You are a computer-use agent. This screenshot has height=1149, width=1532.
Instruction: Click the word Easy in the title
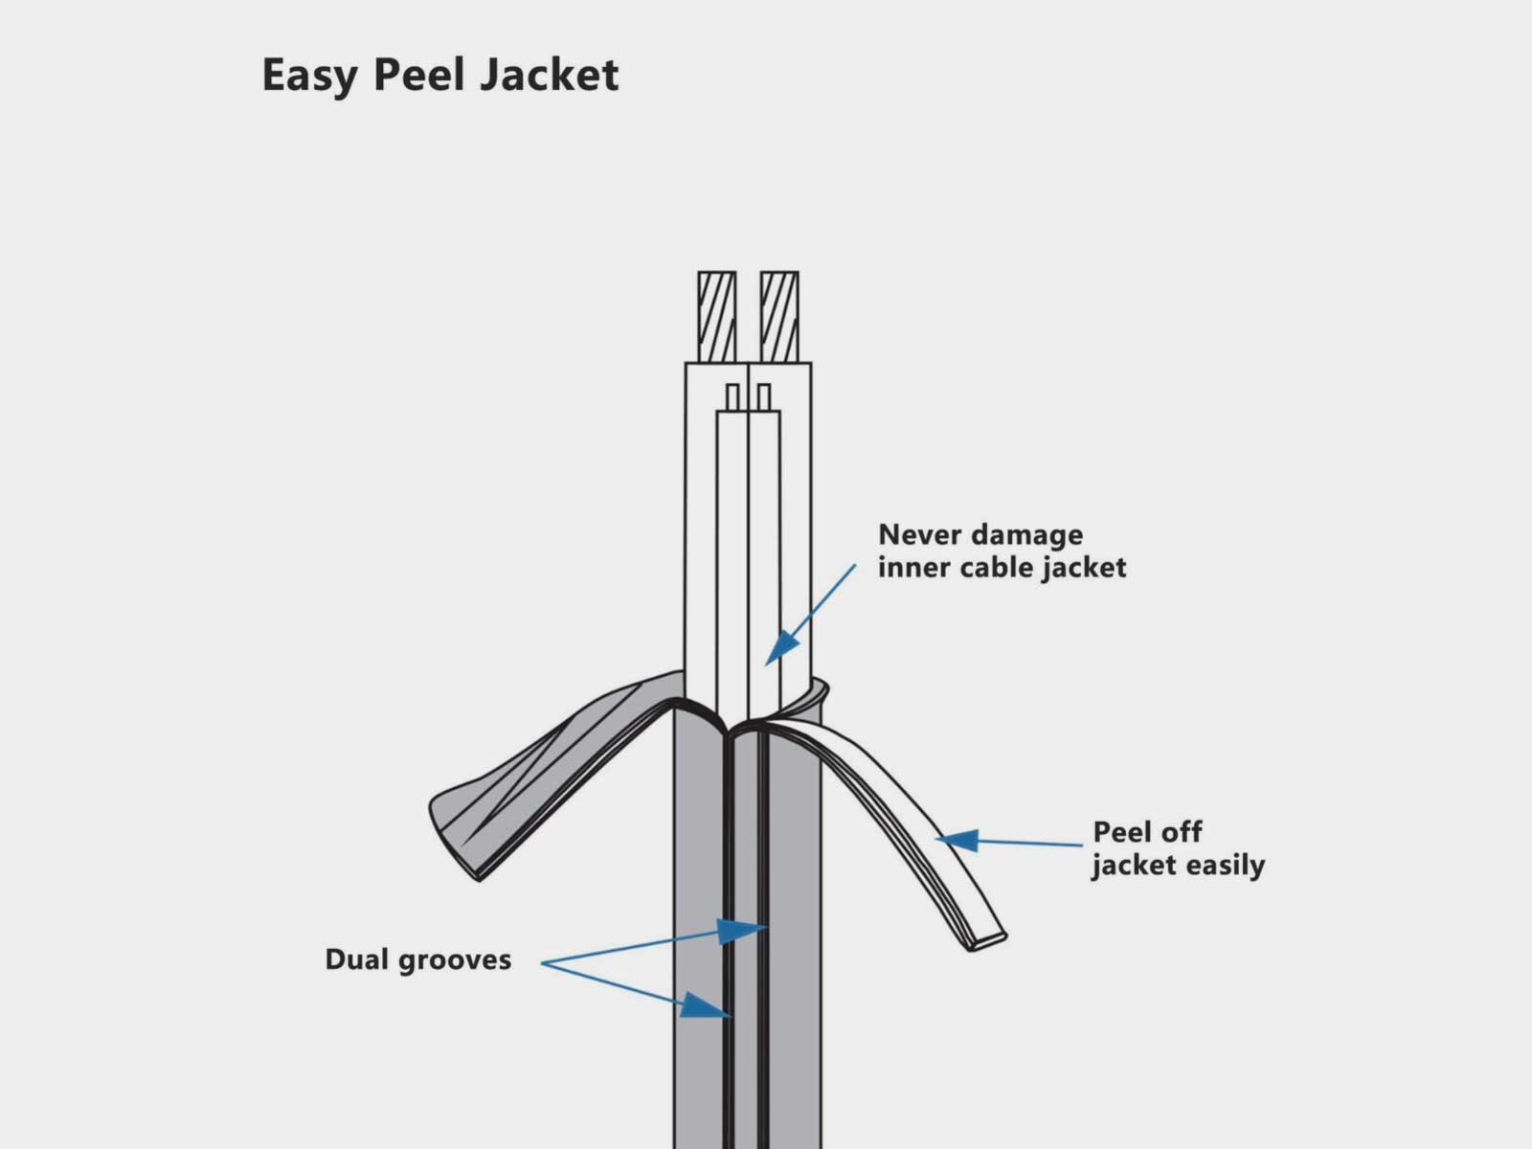click(309, 76)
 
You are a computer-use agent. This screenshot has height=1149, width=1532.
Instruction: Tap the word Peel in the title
click(418, 75)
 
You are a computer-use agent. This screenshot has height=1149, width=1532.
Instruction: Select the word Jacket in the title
click(550, 76)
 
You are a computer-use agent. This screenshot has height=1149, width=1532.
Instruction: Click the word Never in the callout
click(918, 534)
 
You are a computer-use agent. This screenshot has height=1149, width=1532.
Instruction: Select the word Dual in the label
click(357, 958)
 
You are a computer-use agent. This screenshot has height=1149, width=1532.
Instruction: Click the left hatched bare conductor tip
click(716, 316)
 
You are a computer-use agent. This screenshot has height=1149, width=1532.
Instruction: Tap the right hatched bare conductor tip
click(779, 316)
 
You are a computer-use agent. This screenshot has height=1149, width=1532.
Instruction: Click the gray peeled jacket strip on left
click(536, 776)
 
